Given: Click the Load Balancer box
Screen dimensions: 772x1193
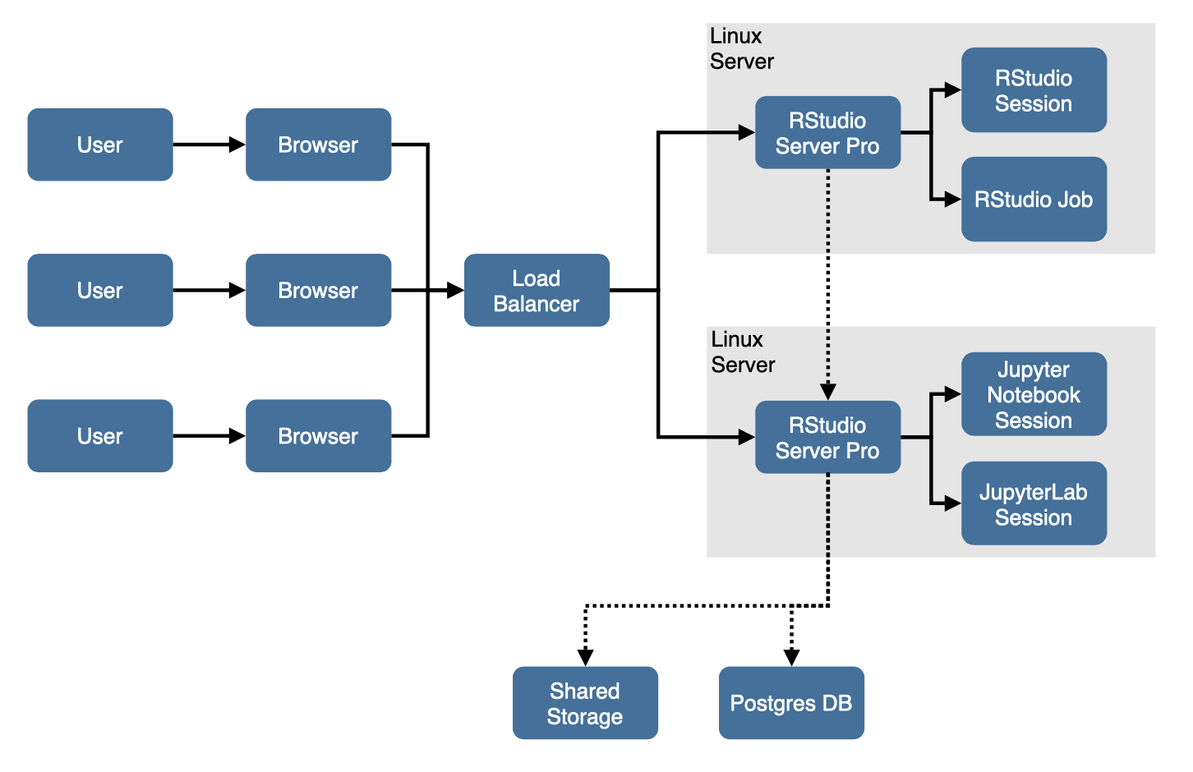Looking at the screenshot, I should pyautogui.click(x=537, y=291).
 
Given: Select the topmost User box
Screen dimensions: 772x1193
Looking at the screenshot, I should pyautogui.click(x=100, y=145).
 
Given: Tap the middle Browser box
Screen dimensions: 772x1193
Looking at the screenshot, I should pyautogui.click(x=318, y=291).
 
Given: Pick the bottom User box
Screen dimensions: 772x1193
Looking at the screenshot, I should pyautogui.click(x=100, y=436).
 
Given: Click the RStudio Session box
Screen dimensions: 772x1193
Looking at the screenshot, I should pyautogui.click(x=1034, y=90).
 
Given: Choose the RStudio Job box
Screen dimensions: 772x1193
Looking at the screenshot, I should pyautogui.click(x=1034, y=200).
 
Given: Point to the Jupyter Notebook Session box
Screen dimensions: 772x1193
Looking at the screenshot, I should pyautogui.click(x=1034, y=395).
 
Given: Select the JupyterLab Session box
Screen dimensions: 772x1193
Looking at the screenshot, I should pyautogui.click(x=1034, y=504).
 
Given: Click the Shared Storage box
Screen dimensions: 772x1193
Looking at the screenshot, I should pyautogui.click(x=585, y=703).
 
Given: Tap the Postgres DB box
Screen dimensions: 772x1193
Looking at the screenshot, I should pyautogui.click(x=791, y=703).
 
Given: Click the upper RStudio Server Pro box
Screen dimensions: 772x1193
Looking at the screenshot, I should pyautogui.click(x=827, y=133).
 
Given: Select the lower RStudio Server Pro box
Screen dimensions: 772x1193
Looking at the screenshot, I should pyautogui.click(x=827, y=438).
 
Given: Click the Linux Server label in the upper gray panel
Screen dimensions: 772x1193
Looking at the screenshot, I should pyautogui.click(x=741, y=48).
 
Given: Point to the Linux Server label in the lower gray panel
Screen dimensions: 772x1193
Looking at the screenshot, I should pyautogui.click(x=743, y=352).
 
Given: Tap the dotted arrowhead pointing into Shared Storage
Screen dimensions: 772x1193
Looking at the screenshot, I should pyautogui.click(x=585, y=657).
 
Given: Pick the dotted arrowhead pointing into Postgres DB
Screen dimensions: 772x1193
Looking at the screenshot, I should pyautogui.click(x=791, y=657).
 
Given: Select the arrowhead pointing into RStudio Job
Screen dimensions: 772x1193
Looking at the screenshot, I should pyautogui.click(x=953, y=200).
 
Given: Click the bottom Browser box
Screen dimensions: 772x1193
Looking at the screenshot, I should pyautogui.click(x=318, y=436).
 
